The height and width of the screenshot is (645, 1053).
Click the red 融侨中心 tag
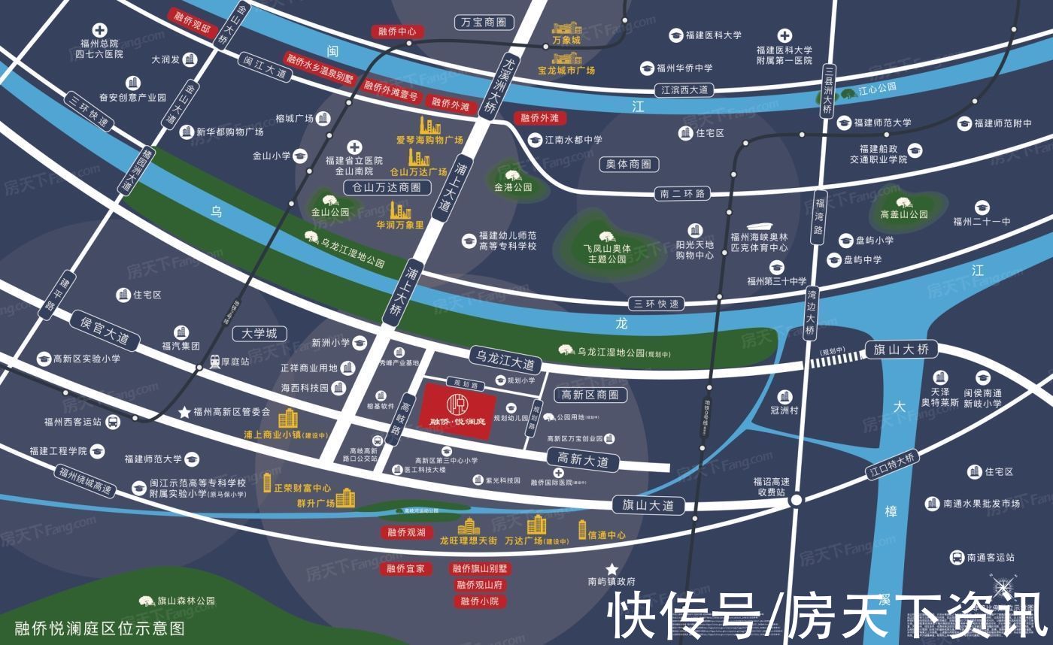398,32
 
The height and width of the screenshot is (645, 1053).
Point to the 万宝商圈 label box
484,23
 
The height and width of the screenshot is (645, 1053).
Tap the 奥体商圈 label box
629,164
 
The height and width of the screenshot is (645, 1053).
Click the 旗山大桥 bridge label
901,349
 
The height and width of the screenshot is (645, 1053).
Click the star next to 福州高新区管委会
184,412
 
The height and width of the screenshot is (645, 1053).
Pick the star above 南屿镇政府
612,568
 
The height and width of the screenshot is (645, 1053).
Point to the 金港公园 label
513,187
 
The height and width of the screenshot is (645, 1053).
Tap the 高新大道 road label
583,461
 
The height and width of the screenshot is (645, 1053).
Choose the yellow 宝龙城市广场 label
566,71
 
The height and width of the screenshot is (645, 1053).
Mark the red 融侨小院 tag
479,601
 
